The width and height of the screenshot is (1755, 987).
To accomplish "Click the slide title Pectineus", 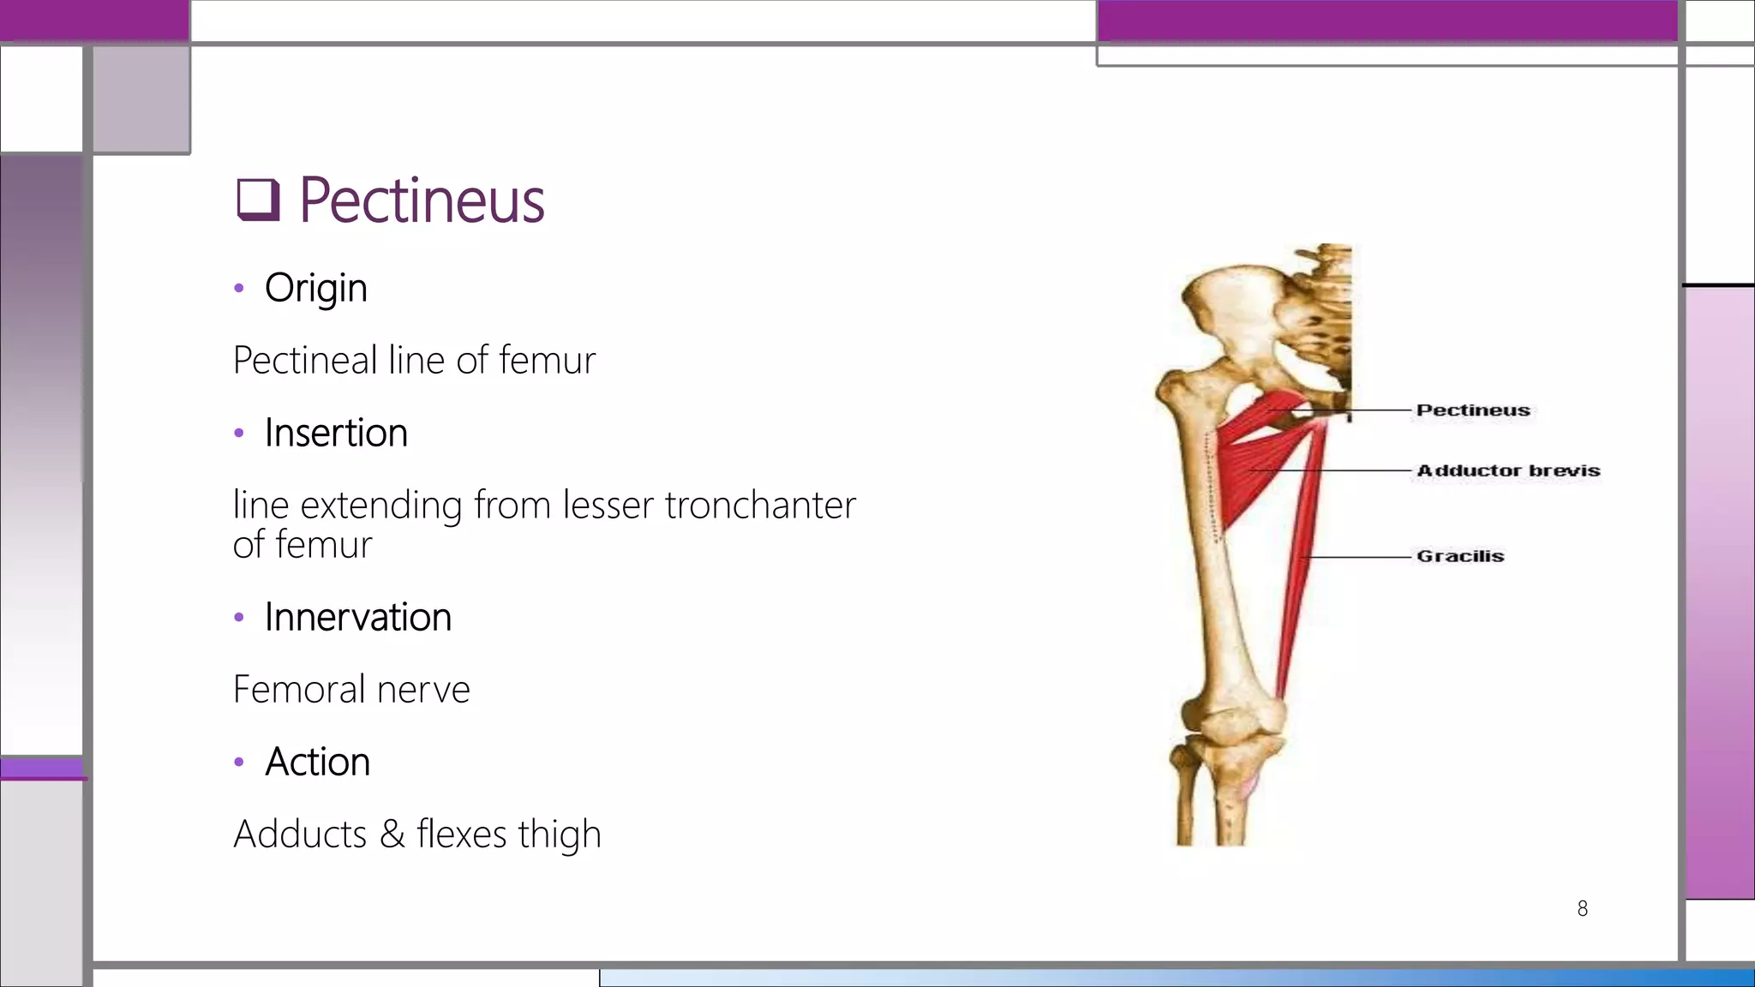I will click(x=421, y=200).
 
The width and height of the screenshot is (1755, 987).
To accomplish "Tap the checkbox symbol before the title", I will click(x=258, y=200).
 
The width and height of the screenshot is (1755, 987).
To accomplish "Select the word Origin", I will click(x=315, y=288).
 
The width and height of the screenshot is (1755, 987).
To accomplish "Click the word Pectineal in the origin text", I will click(x=305, y=360).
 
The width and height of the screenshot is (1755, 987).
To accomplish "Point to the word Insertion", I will click(x=336, y=433).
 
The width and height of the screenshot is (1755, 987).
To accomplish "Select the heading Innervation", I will click(x=357, y=617).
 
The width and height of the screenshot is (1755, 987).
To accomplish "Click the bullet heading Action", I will click(x=317, y=762).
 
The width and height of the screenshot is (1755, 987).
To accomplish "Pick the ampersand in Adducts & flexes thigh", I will click(x=392, y=834).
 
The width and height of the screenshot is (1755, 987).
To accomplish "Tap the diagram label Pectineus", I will click(x=1472, y=410).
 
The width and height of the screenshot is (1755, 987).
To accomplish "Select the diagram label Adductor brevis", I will click(x=1508, y=470).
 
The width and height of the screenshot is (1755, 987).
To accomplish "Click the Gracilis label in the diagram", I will click(x=1460, y=556).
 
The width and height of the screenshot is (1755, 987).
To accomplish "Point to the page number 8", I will click(x=1583, y=908).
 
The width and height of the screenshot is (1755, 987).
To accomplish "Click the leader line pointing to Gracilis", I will click(x=1358, y=557).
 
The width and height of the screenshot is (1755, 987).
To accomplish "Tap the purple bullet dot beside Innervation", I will click(x=239, y=617).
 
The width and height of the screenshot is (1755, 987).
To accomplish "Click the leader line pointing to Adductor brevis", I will click(x=1337, y=470).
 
